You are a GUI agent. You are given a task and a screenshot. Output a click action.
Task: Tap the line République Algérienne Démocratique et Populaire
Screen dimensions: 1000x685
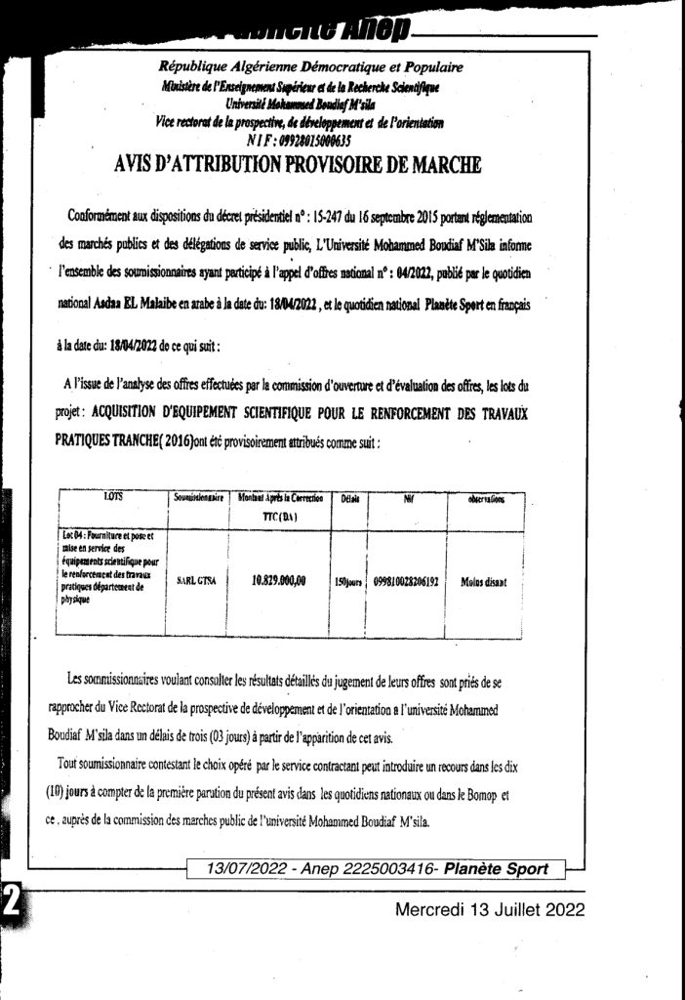click(310, 67)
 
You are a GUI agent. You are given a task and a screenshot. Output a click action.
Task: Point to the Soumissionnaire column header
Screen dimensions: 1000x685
click(200, 499)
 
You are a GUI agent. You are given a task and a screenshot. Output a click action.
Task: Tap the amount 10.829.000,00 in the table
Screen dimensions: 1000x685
click(278, 580)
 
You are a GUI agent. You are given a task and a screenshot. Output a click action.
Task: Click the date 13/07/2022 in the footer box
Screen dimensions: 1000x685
click(245, 868)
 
